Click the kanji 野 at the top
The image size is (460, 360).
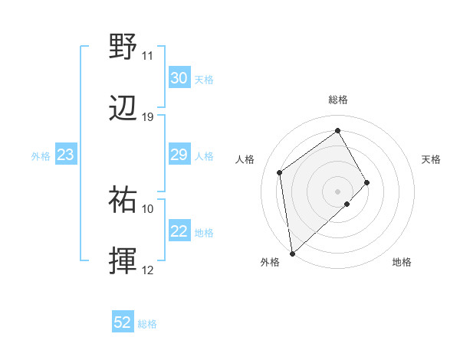coord(123,47)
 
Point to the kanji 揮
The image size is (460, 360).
coord(123,262)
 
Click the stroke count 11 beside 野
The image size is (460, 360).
coord(148,56)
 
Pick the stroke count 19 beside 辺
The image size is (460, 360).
coord(148,117)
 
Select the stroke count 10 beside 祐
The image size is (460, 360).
coord(148,208)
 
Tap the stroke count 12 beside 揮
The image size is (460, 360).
coord(148,270)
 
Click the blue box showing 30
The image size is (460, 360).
coord(179,78)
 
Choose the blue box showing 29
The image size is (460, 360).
coord(179,155)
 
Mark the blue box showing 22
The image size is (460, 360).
coord(179,232)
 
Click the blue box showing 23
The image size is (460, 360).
coord(66,155)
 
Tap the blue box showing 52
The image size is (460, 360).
coord(123,323)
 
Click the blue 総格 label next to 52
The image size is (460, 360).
coord(148,324)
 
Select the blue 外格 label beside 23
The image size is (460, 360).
coord(41,156)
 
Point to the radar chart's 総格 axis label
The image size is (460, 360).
coord(338,100)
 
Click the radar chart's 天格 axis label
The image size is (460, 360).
coord(432,159)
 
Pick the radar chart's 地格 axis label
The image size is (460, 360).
coord(402,262)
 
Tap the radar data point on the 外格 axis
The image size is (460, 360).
coord(292,253)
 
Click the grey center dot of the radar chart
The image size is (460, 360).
coord(338,190)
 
